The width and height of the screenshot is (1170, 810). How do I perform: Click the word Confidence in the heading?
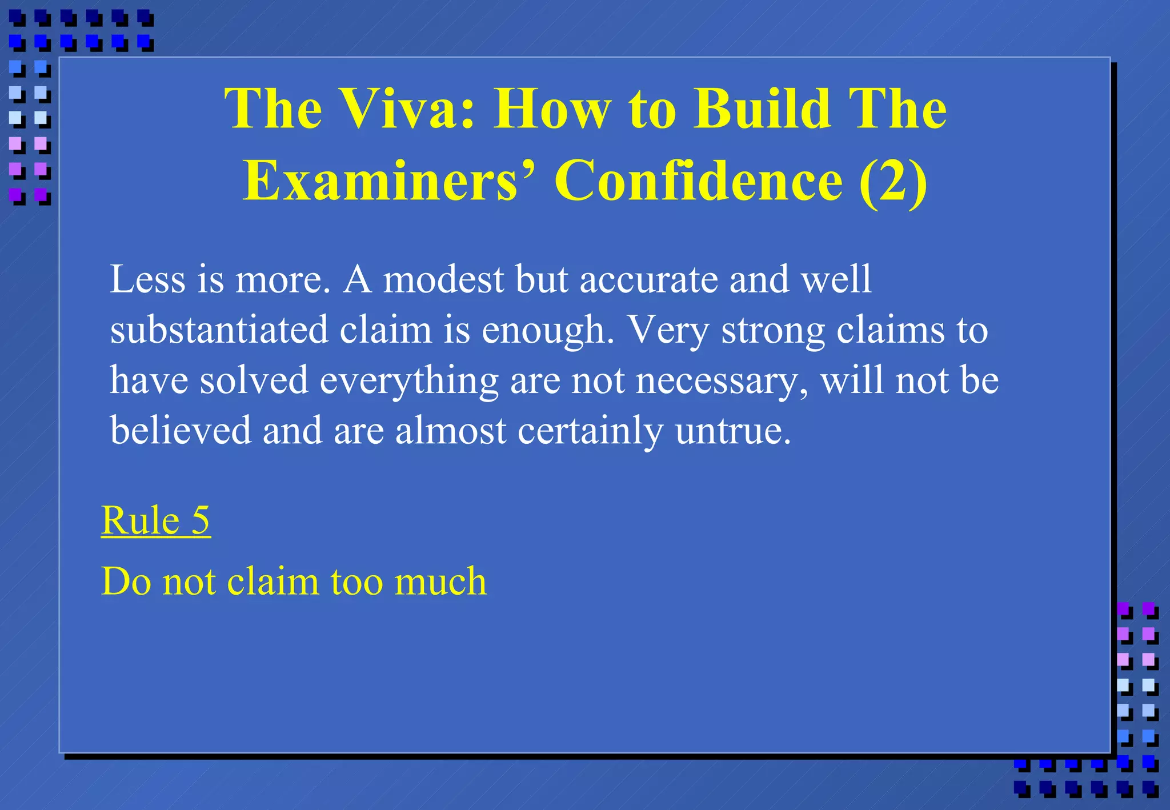point(698,181)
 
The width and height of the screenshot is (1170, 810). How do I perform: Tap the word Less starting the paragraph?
point(147,279)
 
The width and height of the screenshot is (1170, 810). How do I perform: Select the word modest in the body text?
point(443,279)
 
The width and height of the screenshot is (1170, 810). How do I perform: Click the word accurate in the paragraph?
point(649,280)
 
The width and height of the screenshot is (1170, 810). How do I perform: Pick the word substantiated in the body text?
point(219,330)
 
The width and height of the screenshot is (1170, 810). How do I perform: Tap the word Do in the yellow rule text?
point(126,582)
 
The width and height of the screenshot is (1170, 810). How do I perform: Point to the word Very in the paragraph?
point(668,331)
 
